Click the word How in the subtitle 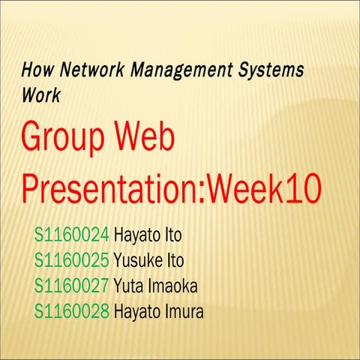pos(35,72)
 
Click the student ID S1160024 pos(72,235)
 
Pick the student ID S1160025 pos(72,260)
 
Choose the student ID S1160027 pos(72,285)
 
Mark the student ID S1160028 pos(72,310)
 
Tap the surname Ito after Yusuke pos(172,260)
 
